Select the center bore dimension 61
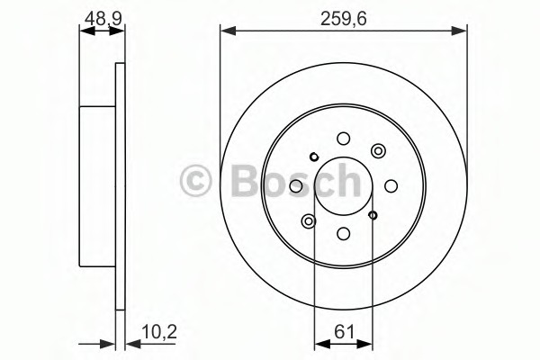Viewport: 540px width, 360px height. (x=344, y=329)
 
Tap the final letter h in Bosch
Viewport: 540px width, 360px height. (x=341, y=181)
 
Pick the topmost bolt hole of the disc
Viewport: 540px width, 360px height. (x=343, y=138)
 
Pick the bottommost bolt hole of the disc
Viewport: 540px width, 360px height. (x=343, y=232)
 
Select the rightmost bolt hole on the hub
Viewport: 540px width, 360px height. (x=391, y=185)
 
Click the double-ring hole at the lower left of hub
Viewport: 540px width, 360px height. (x=310, y=220)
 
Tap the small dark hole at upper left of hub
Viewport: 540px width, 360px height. (x=313, y=157)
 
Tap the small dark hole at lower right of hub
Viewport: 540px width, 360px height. (x=373, y=214)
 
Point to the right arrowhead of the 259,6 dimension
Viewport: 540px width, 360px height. (x=462, y=32)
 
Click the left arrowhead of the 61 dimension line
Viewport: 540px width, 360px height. (x=319, y=344)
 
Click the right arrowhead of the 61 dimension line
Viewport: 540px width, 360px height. (x=369, y=344)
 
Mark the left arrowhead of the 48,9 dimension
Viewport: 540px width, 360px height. (x=84, y=32)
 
